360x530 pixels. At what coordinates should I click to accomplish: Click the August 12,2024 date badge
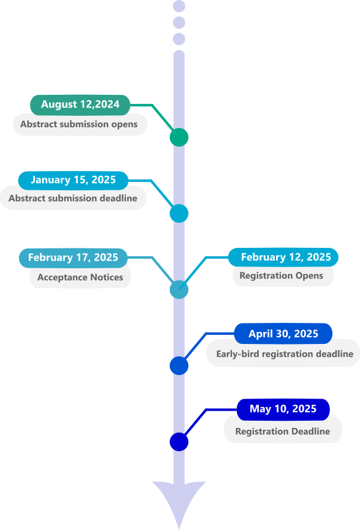tap(80, 104)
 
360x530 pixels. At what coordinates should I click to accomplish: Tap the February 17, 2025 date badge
tap(73, 257)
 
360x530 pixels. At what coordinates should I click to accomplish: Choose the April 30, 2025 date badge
tap(283, 334)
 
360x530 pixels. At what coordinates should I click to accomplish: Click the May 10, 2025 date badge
tap(283, 409)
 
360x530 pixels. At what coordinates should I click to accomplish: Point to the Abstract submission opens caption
tap(79, 125)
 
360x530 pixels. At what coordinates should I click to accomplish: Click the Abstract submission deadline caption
tap(73, 198)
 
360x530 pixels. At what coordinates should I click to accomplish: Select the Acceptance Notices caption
tap(80, 277)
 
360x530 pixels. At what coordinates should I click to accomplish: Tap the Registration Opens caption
tap(281, 276)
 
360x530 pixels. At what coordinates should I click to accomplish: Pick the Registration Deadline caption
tap(283, 432)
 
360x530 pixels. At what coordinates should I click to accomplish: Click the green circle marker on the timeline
tap(179, 137)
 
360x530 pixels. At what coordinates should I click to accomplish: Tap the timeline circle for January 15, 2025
tap(179, 213)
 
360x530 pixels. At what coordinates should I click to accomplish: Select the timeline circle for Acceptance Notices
tap(179, 289)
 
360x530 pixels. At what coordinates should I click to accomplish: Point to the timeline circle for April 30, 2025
tap(179, 366)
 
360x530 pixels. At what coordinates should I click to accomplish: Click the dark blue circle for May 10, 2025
tap(179, 442)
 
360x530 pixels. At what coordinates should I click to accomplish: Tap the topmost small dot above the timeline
tap(179, 7)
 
